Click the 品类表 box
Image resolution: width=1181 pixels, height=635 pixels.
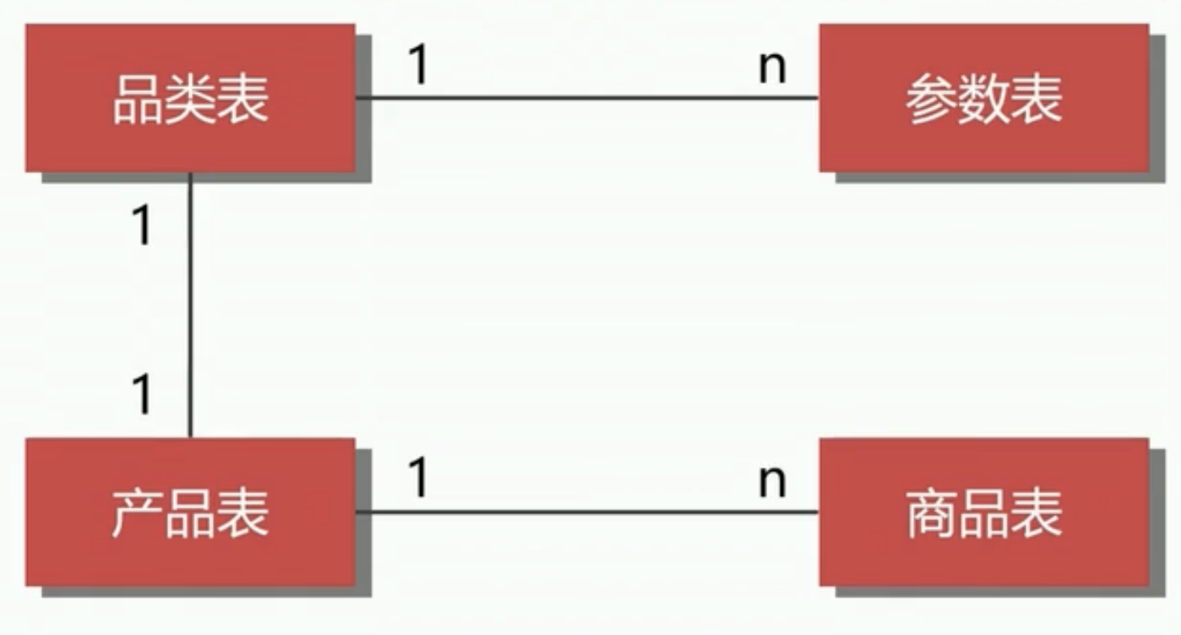pos(190,98)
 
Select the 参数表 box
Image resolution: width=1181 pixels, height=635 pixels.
pos(984,98)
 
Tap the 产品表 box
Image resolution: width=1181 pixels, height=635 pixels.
pos(190,512)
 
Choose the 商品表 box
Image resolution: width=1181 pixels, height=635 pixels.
pos(984,512)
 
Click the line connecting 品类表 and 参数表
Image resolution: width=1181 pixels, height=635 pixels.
pos(587,97)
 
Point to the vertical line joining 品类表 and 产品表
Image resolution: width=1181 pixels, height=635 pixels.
pos(190,305)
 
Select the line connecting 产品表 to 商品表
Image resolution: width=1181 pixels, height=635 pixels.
pos(587,512)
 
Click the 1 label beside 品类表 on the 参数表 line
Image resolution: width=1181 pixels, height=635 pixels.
pos(419,64)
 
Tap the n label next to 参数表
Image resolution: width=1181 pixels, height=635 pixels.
pos(772,68)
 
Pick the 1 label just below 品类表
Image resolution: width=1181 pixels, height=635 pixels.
pos(143,225)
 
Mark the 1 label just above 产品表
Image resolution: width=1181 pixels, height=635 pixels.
pos(143,394)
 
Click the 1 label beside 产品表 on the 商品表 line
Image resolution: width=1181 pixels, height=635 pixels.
pos(419,477)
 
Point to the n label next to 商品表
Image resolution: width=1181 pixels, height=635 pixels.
pos(772,481)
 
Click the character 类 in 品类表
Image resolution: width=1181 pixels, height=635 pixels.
pos(190,99)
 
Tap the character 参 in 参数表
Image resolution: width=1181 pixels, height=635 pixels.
pos(932,99)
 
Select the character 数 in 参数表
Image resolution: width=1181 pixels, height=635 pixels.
pos(984,99)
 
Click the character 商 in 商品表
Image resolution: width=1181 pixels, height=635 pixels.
pos(932,513)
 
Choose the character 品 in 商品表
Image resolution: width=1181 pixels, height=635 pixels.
pos(984,513)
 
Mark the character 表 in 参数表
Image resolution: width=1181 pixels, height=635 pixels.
pos(1036,99)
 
